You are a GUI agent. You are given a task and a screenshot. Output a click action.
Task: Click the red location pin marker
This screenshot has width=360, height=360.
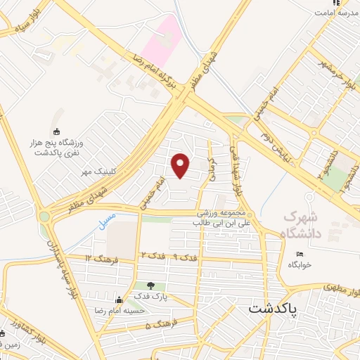[181, 165]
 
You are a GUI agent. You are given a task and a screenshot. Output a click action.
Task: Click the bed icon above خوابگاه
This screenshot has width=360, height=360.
[300, 254]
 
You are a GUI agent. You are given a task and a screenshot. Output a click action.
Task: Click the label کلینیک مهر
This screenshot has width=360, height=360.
[96, 171]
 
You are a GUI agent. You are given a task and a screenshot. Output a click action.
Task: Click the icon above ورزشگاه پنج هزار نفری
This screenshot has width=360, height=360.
[58, 131]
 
